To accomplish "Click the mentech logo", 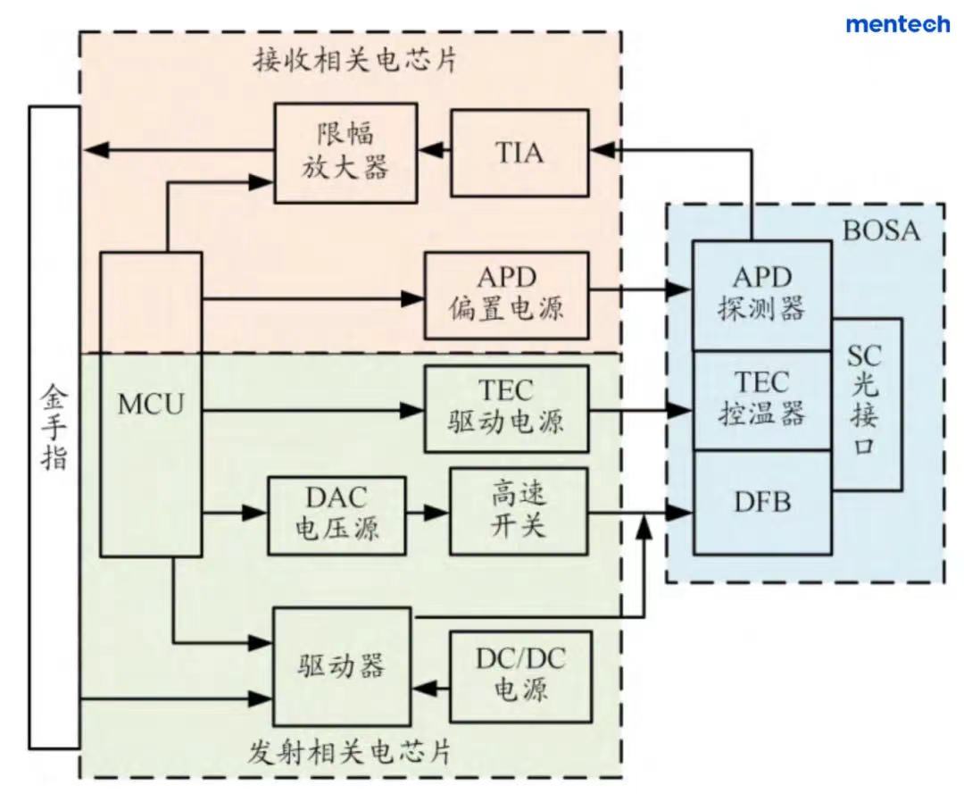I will [x=897, y=24].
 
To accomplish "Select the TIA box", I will [x=519, y=153].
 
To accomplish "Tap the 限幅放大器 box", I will [x=345, y=153].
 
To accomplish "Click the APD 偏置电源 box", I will [x=506, y=295].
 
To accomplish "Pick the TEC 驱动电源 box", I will [x=506, y=408].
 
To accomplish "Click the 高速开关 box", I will [x=519, y=511].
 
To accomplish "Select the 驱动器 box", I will [x=342, y=666].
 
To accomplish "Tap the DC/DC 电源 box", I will [x=520, y=676].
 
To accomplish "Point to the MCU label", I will [x=151, y=404].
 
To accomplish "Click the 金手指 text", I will [x=54, y=427].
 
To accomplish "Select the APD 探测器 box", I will [x=761, y=295].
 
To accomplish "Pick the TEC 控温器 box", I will [x=761, y=399].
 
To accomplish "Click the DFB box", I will [x=761, y=502].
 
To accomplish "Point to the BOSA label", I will [x=880, y=231].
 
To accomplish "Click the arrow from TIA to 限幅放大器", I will [x=434, y=153].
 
